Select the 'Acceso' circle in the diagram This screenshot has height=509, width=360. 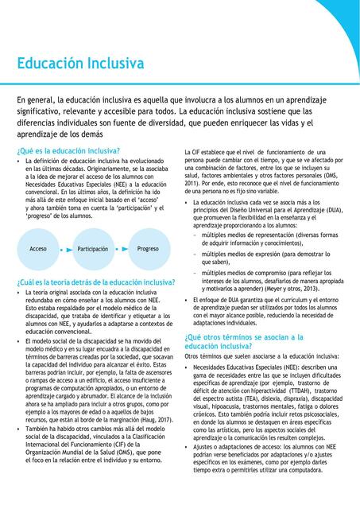coord(38,248)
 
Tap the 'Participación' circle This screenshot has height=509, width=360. coord(93,248)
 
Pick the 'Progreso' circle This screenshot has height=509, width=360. coord(148,248)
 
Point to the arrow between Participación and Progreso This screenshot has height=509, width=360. coord(120,249)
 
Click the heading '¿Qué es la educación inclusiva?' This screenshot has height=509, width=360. coord(68,150)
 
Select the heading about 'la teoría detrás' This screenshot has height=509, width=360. coord(95,282)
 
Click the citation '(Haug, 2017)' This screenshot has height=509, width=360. coord(153,419)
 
